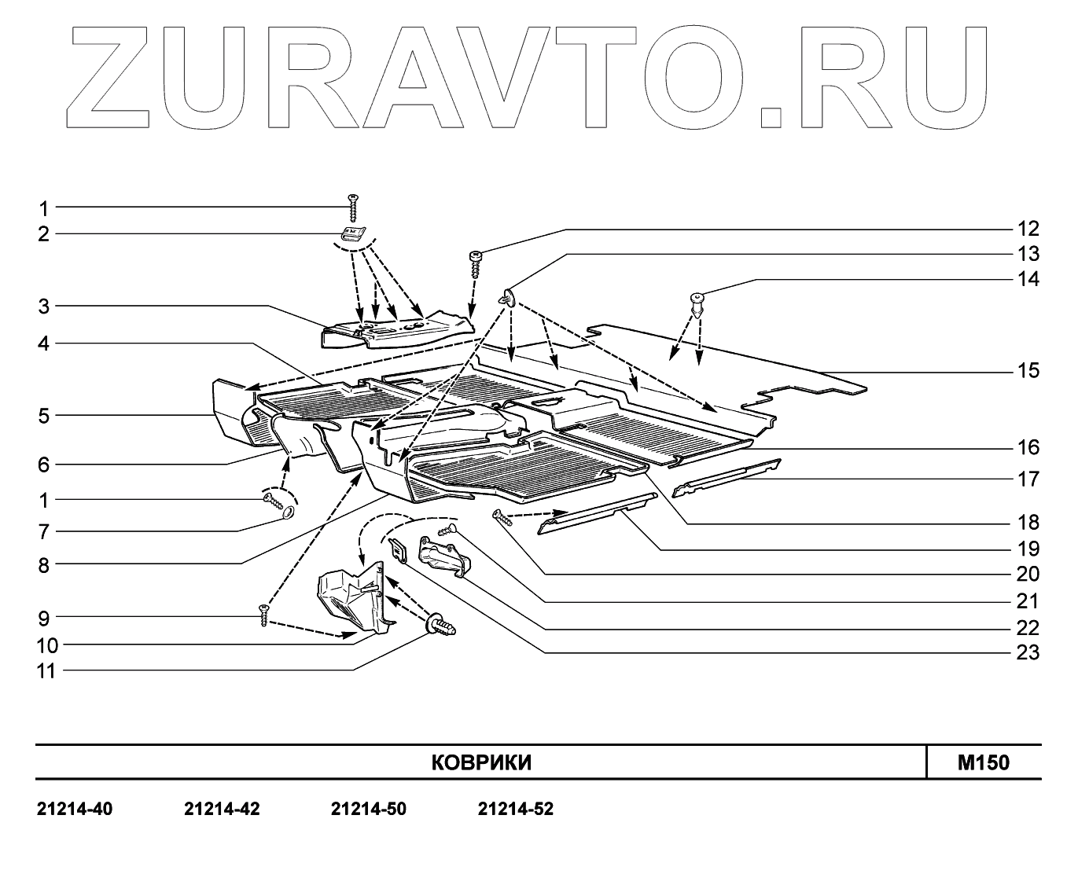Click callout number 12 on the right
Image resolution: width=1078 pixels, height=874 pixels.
[x=1028, y=229]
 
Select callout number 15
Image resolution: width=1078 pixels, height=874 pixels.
[x=1028, y=370]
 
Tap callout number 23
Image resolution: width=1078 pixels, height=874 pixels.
[x=1028, y=653]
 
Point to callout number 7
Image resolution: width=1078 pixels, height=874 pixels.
[x=44, y=532]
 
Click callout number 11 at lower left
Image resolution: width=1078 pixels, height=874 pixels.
[x=47, y=671]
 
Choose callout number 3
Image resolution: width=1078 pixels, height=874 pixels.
[x=44, y=307]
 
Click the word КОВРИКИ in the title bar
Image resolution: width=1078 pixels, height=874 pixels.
[x=481, y=763]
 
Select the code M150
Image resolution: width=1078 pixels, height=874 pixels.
[x=983, y=763]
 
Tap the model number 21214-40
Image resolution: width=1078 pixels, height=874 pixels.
[x=75, y=810]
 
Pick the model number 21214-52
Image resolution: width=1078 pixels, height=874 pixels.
[x=515, y=810]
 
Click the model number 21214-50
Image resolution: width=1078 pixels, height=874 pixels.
[x=369, y=810]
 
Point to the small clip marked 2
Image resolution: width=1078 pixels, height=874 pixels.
[x=351, y=232]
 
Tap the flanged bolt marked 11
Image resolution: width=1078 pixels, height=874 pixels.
[x=441, y=626]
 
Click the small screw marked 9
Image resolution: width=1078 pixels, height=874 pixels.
[x=264, y=615]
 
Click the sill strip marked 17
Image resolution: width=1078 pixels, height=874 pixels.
[x=729, y=474]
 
